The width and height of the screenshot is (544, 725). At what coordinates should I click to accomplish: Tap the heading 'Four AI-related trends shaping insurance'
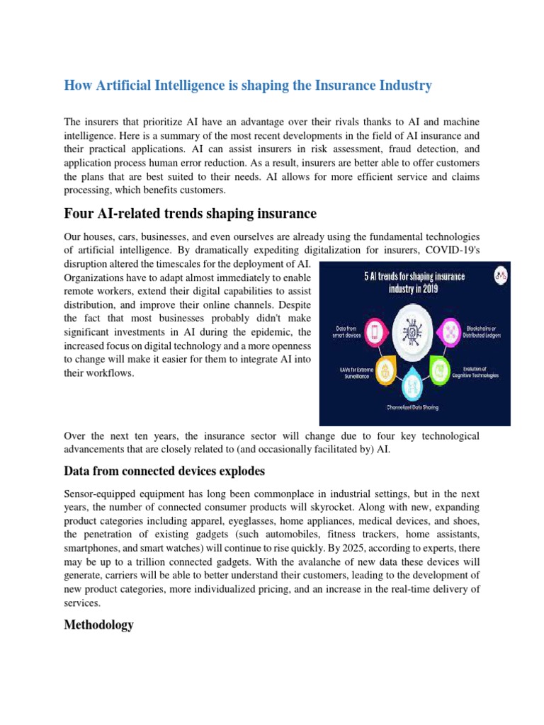coord(190,213)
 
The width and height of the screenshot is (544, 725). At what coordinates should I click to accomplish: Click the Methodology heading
coord(98,625)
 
